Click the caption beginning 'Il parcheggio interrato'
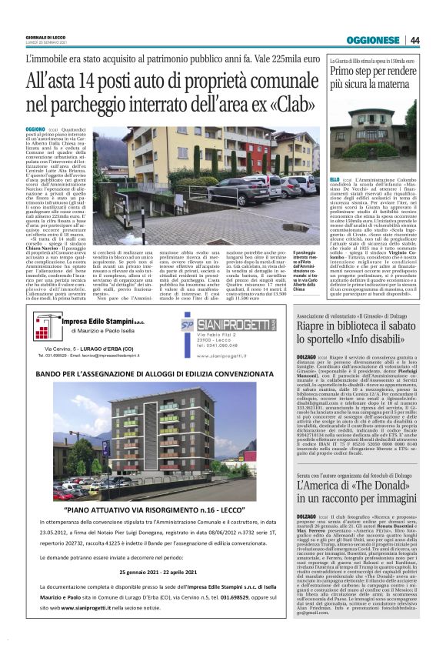pyautogui.click(x=304, y=271)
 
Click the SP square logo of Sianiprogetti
pyautogui.click(x=187, y=325)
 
